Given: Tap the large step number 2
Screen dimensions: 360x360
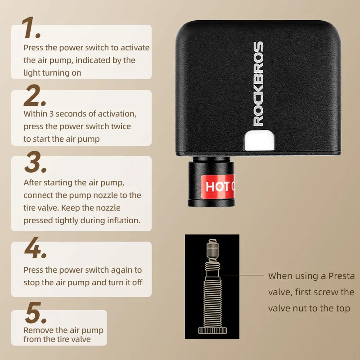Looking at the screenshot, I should coord(35,95).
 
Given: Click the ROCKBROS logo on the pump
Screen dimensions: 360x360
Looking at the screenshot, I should coord(258,84).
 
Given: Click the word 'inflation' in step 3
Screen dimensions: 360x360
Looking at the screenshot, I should coord(122,220).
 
